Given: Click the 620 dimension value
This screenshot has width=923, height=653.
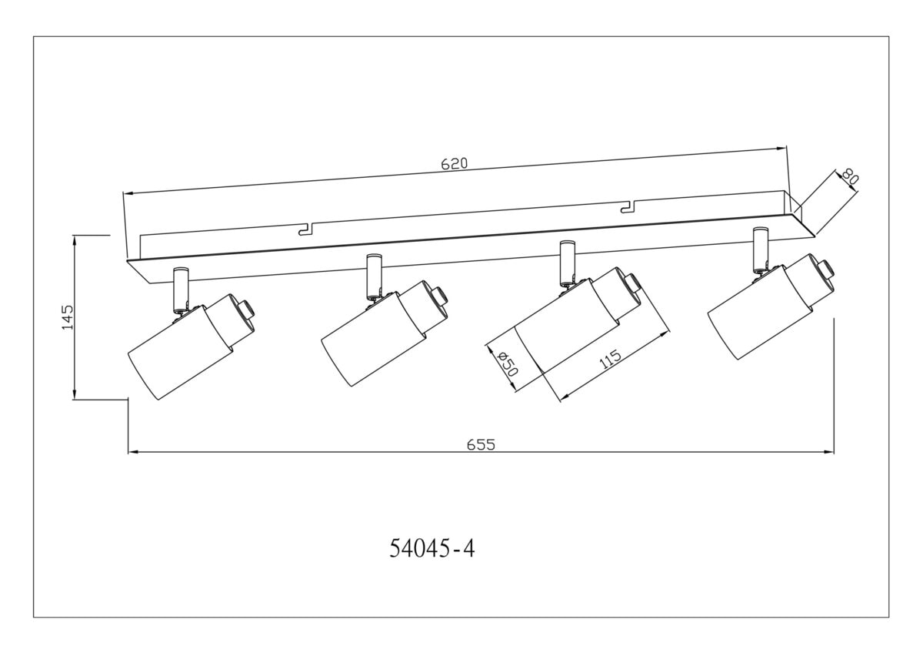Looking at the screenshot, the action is (455, 164).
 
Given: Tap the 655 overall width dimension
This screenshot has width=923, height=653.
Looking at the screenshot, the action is (481, 444).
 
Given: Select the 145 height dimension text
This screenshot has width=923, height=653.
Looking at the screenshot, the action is (67, 317).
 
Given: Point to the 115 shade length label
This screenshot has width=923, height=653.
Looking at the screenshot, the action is (610, 360).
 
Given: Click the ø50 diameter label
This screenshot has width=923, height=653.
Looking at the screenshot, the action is (506, 363).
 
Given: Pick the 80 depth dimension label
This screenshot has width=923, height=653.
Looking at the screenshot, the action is (850, 176).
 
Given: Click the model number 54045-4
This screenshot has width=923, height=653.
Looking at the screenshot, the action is (432, 548).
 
